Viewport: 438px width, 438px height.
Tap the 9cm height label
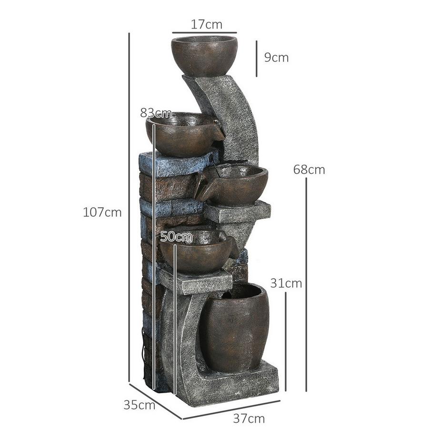pyautogui.click(x=277, y=58)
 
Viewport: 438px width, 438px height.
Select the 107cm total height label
pyautogui.click(x=102, y=212)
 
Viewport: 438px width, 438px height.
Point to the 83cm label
pyautogui.click(x=156, y=113)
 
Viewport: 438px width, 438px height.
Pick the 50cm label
pyautogui.click(x=176, y=236)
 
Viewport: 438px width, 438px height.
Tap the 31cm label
pyautogui.click(x=286, y=283)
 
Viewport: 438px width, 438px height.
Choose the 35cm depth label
pyautogui.click(x=139, y=405)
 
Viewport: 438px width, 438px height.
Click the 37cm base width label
pyautogui.click(x=249, y=419)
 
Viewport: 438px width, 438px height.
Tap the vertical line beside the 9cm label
pyautogui.click(x=257, y=58)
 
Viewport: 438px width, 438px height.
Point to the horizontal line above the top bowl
pyautogui.click(x=204, y=34)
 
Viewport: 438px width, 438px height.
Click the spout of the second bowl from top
pyautogui.click(x=218, y=130)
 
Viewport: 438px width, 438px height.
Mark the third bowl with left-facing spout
pyautogui.click(x=236, y=186)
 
